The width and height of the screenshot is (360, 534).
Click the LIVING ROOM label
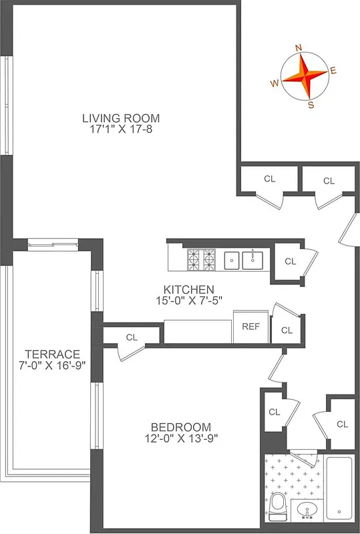121,119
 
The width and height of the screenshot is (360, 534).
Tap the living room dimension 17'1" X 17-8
121,130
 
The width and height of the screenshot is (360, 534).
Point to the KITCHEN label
189,289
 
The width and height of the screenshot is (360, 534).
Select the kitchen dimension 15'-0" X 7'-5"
189,300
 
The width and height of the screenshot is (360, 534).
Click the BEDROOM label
180,427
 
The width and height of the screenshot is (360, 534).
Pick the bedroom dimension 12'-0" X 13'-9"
180,439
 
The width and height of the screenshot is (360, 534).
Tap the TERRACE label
52,354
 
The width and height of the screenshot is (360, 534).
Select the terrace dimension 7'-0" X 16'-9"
52,365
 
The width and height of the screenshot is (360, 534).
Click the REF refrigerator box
250,327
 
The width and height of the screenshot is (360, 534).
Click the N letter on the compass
298,47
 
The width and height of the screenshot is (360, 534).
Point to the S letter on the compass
311,103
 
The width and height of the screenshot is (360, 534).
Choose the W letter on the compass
274,83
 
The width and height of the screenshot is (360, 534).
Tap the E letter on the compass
333,70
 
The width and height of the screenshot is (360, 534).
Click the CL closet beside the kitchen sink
290,261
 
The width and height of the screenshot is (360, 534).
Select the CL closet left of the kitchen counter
132,338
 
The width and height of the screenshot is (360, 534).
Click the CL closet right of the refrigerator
287,330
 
